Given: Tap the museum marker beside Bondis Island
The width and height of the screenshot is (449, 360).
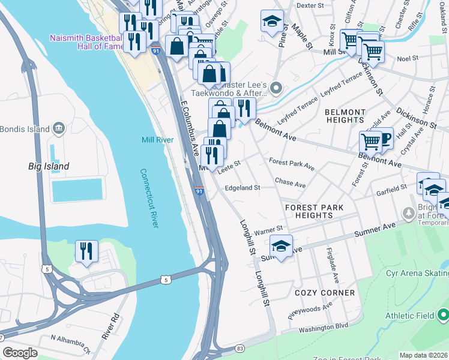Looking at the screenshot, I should (x=59, y=128).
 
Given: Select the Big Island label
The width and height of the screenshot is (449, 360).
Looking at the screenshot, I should (x=49, y=166).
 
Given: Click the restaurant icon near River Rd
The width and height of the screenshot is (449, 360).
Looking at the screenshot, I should (x=86, y=251).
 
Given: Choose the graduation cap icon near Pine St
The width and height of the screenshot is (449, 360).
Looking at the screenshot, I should (x=272, y=21).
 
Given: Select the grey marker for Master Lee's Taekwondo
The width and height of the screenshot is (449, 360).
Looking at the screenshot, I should (x=276, y=88).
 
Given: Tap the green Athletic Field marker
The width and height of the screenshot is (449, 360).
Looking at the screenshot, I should (x=443, y=314).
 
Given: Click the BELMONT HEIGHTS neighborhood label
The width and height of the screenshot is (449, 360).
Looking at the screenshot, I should (x=345, y=116).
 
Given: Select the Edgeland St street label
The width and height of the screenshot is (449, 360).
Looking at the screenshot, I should (x=242, y=188).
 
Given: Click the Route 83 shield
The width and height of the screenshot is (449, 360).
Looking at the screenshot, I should (x=240, y=348).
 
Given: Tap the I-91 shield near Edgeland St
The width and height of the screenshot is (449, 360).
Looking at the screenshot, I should (x=200, y=191).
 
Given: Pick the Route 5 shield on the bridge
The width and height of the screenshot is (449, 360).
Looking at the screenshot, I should (x=165, y=280).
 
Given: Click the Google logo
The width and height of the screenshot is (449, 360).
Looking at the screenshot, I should (x=20, y=353).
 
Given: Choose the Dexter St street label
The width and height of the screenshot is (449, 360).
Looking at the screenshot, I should (x=310, y=5).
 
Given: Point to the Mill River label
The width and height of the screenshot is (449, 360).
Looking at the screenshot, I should (x=157, y=140).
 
